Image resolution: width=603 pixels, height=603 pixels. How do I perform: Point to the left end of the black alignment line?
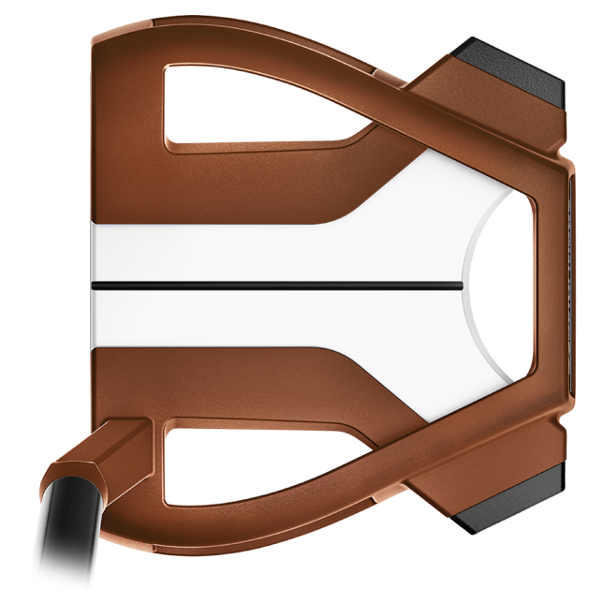coord(94,280)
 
